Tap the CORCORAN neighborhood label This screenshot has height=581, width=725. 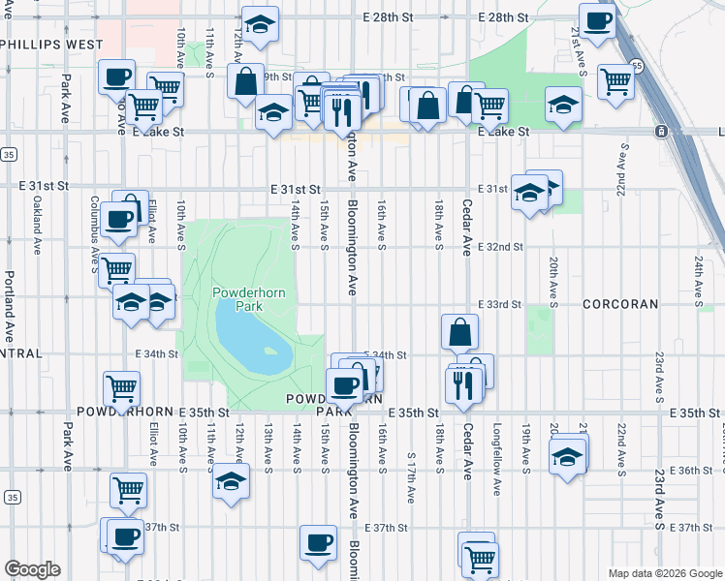pos(620,304)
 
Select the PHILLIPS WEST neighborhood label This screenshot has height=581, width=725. pos(52,45)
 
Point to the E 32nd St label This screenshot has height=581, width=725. pos(500,247)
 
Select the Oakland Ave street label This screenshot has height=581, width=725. pos(37,226)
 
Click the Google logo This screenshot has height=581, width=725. pos(32,569)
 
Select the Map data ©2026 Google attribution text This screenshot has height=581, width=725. pos(665,573)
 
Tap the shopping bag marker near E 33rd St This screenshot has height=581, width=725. pos(459,331)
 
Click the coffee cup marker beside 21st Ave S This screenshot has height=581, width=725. pos(597,19)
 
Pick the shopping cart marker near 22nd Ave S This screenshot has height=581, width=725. pos(615,81)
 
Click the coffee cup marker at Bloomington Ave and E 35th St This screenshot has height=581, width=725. pos(343,386)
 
